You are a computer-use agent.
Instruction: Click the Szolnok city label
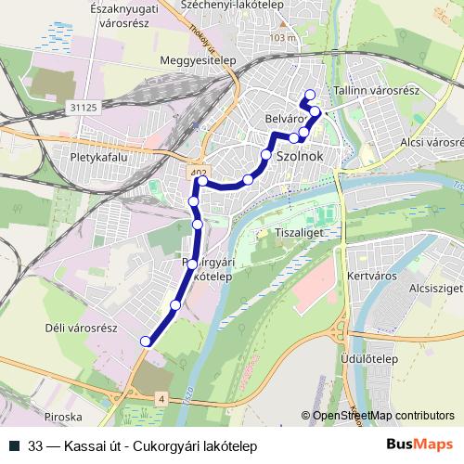point(300,157)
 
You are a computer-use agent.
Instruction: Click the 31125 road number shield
point(83,108)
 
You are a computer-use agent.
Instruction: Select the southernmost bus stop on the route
point(145,342)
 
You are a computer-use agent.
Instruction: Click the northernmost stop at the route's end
point(309,93)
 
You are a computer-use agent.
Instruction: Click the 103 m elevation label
point(280,38)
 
